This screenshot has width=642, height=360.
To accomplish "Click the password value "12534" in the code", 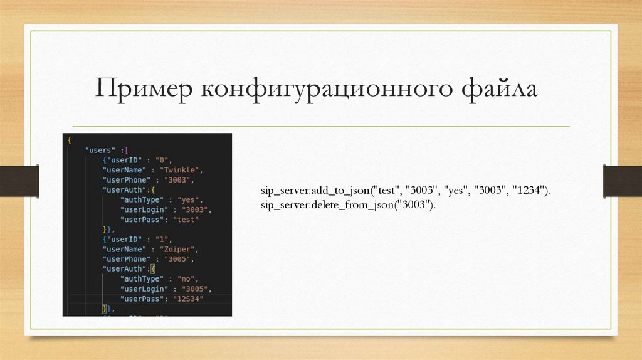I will tap(190, 299).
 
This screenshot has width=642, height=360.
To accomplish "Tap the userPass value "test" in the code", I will tap(186, 220).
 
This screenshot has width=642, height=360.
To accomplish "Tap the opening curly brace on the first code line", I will tap(69, 140).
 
